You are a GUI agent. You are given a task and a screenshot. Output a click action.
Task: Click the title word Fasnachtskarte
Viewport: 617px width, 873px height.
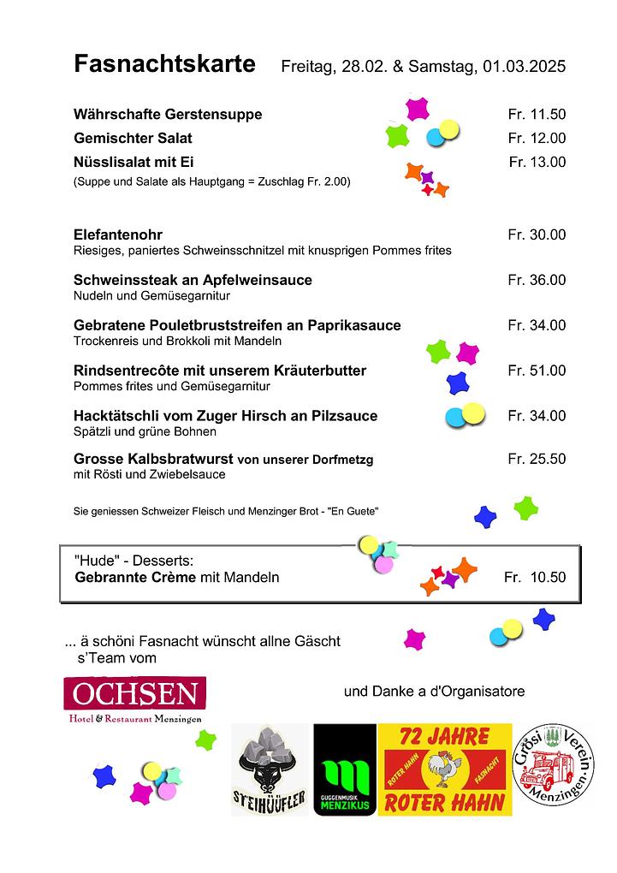164,64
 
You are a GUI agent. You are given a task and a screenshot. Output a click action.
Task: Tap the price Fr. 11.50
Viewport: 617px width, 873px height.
537,115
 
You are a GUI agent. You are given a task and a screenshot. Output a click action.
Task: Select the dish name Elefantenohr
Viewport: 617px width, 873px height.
118,235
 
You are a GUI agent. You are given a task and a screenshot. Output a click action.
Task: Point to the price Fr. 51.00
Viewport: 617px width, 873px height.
537,371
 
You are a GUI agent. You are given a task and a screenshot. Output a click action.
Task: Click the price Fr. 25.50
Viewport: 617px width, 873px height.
537,459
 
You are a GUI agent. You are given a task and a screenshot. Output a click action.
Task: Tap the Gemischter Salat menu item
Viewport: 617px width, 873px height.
133,138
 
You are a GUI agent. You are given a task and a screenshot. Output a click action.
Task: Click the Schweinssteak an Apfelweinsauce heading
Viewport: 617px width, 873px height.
193,280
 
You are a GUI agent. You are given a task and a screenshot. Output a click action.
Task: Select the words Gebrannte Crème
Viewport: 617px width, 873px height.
136,578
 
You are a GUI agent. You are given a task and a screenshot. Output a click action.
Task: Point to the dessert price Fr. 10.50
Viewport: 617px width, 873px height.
535,578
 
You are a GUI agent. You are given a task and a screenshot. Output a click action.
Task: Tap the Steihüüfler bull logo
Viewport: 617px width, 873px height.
270,770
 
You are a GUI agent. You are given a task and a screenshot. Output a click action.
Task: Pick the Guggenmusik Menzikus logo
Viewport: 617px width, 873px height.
345,770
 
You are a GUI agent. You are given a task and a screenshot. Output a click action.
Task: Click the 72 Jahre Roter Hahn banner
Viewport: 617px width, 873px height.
445,770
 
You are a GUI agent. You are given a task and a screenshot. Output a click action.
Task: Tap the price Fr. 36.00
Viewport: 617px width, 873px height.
537,280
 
